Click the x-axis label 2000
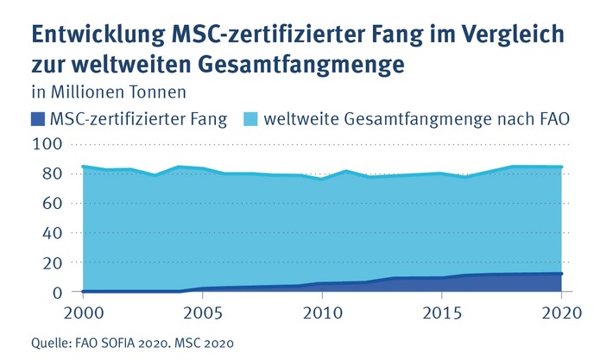tap(83, 312)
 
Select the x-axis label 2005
tap(202, 312)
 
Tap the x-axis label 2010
tap(322, 312)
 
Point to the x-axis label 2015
tap(441, 312)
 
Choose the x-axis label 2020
tap(560, 312)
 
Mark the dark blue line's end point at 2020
tap(561, 274)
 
